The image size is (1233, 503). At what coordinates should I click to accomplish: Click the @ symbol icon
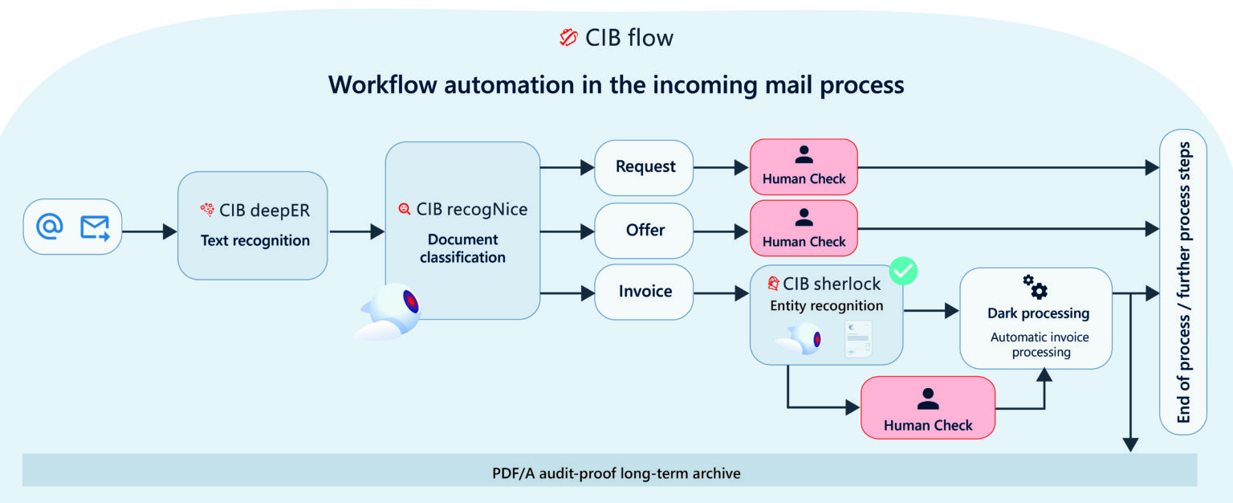point(50,227)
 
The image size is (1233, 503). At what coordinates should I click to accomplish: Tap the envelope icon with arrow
point(95,228)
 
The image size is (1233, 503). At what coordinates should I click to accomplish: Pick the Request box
point(645,167)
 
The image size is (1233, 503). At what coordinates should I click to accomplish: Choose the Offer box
point(645,231)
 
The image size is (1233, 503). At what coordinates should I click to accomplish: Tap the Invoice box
point(645,292)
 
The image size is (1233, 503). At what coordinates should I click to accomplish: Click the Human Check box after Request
point(804,167)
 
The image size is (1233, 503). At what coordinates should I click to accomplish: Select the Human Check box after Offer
point(804,230)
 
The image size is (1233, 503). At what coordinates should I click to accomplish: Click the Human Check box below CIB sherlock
point(927,407)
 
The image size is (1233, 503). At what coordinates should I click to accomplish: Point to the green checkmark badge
point(904,272)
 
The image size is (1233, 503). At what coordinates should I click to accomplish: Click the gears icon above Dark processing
point(1035,287)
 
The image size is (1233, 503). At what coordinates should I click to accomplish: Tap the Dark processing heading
point(1038,313)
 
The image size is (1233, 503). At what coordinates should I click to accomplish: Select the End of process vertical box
point(1182,282)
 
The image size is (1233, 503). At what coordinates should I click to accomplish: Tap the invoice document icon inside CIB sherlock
point(858,338)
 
